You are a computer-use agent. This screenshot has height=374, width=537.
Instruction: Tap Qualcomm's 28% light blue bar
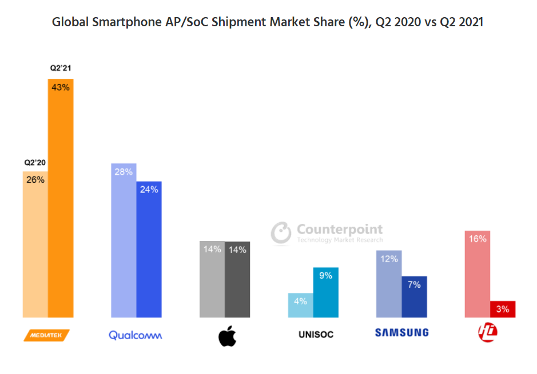pos(124,240)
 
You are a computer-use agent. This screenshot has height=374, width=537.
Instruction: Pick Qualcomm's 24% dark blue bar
pos(149,249)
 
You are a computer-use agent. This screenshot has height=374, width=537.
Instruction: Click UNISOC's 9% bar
pos(326,292)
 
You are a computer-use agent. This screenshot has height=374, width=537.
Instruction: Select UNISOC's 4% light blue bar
pos(301,305)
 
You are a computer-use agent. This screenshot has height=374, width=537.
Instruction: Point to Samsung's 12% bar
pos(389,283)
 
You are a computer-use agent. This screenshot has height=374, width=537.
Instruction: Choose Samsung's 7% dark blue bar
pos(414,296)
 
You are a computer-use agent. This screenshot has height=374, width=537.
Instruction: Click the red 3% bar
pos(503,309)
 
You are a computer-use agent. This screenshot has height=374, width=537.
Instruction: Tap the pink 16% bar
pos(478,274)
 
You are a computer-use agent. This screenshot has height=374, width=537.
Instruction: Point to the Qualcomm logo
pos(136,335)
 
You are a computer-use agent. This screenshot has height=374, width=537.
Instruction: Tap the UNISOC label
pos(316,334)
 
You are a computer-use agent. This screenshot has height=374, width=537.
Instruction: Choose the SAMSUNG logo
pos(401,332)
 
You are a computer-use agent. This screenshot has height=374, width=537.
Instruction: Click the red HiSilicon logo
pos(488,332)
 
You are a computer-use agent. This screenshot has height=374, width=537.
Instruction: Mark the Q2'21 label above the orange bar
pos(60,68)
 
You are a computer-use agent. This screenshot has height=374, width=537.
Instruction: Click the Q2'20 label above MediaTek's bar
pos(35,162)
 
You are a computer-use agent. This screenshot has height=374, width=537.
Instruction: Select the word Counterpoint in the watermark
pos(339,230)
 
